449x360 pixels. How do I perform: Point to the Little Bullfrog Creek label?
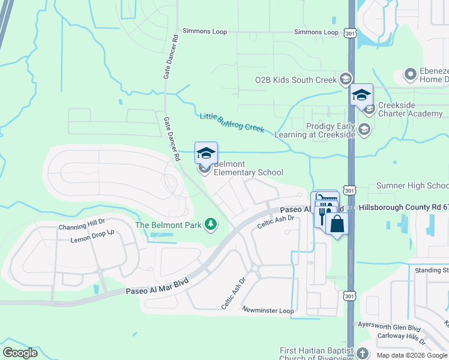[232, 122]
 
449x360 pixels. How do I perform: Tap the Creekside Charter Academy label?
[411, 110]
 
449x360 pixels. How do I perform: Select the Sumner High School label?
[412, 186]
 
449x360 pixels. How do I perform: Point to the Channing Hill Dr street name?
[82, 227]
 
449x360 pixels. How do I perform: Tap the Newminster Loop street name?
[268, 310]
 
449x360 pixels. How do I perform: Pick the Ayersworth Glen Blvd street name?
[389, 328]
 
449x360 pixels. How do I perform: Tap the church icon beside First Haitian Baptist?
[363, 353]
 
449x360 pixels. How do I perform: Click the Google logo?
[20, 353]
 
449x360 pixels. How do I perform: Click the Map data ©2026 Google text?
[411, 355]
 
